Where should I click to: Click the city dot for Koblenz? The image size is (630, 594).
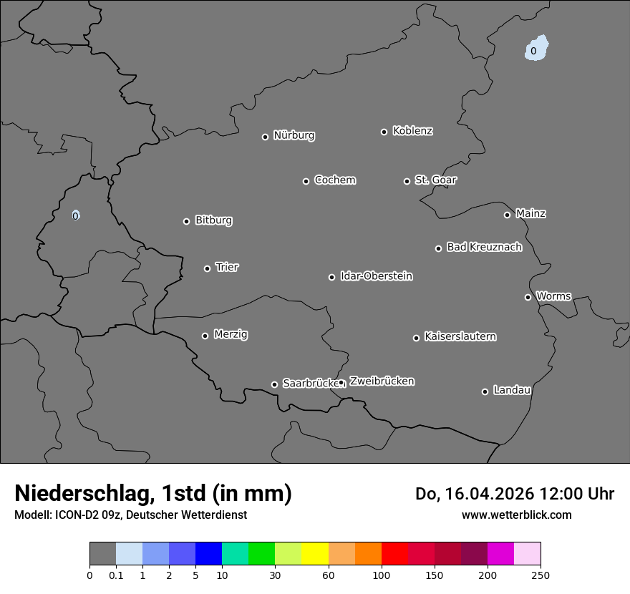point(384,132)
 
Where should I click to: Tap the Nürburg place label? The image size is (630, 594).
point(294,135)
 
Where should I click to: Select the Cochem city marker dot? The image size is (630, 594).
point(306,181)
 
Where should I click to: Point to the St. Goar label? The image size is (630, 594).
point(435,180)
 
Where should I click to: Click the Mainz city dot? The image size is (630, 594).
point(507,215)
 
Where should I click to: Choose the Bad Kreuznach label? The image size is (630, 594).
point(484,247)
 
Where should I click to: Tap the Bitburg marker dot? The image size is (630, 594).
point(186,221)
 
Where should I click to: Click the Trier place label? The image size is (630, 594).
point(227,267)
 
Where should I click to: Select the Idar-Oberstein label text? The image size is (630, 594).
point(376,276)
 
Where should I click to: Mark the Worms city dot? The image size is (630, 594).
point(528,297)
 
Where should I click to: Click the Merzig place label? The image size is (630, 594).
point(231,334)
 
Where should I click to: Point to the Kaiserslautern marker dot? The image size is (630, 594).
point(416,338)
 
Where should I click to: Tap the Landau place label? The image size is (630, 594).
point(512,390)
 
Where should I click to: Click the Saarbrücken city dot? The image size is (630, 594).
point(274,384)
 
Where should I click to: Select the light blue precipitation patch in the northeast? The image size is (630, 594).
point(535,48)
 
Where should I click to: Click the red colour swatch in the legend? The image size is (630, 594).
point(394,554)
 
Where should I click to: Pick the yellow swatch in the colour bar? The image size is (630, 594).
point(315,554)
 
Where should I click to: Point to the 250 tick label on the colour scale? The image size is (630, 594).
point(540,575)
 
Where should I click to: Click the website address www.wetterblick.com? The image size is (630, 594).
point(516,515)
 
